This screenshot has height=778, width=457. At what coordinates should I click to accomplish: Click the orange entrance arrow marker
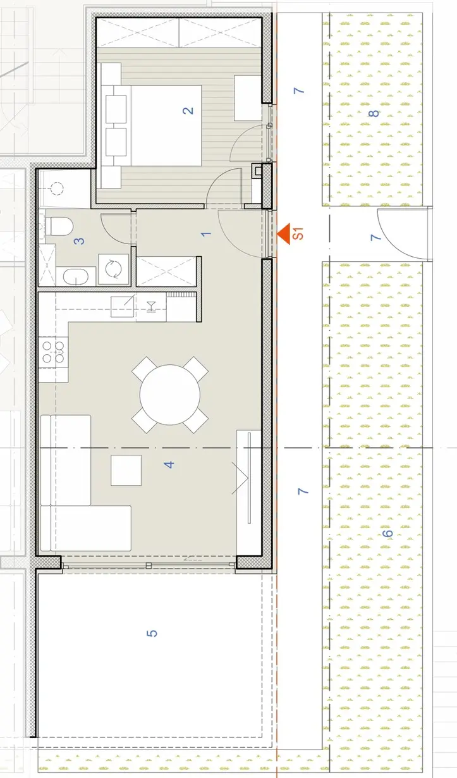tap(284, 234)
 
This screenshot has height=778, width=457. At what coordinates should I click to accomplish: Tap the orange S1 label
tap(298, 233)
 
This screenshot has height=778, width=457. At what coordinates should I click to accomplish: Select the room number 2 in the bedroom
tap(188, 111)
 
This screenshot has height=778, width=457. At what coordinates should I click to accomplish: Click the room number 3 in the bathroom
tap(80, 241)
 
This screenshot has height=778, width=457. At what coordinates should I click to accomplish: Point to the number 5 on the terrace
tap(152, 633)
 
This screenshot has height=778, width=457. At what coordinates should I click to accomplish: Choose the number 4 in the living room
tap(169, 464)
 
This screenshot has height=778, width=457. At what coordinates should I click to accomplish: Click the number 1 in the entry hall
tap(206, 234)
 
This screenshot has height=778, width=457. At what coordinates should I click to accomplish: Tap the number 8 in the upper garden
tap(374, 113)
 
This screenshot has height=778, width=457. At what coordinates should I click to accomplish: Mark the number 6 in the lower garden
tap(387, 533)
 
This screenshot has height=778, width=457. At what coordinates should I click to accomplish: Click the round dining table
tap(170, 395)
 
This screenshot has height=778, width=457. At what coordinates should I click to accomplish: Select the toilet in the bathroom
tap(59, 226)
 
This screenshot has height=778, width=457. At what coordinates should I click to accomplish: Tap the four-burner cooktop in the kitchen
tap(53, 352)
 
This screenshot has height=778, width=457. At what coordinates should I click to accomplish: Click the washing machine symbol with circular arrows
tap(114, 269)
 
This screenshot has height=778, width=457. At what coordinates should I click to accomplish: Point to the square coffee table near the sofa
tap(126, 470)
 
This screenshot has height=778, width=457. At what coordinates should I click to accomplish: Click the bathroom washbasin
tap(76, 277)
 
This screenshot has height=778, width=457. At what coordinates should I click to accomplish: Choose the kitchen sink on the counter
tap(123, 307)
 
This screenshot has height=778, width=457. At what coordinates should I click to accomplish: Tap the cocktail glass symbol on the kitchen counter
tap(151, 307)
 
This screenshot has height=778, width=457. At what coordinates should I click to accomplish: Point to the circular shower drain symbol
tap(57, 188)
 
